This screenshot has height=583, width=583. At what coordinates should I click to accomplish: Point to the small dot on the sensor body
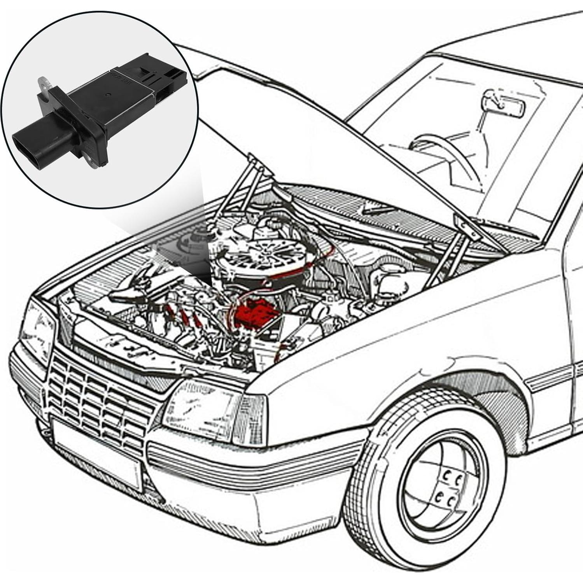(108, 94)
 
